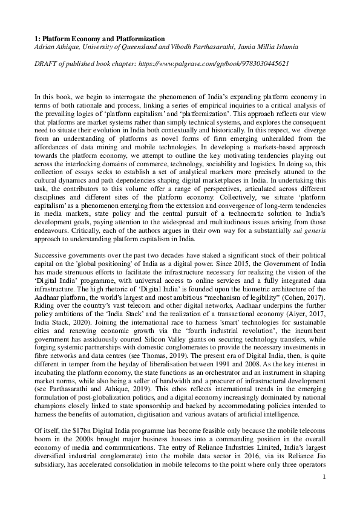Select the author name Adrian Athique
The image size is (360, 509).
coord(57,47)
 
